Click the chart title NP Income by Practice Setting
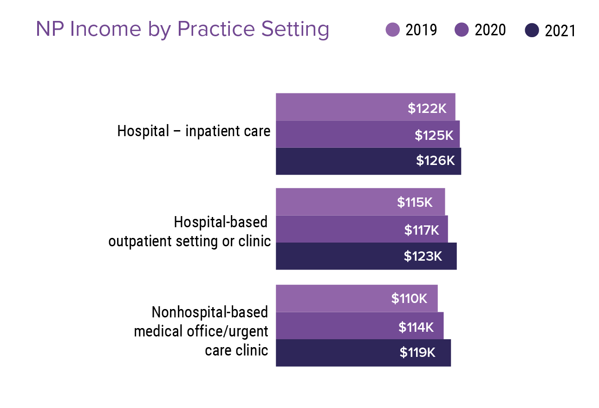point(182,29)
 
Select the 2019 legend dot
point(393,30)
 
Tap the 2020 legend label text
point(490,30)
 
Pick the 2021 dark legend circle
point(532,31)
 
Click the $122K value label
point(427,108)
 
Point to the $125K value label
point(434,135)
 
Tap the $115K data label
point(415,202)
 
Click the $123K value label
point(423,256)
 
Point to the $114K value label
point(416,327)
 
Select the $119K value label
point(417,353)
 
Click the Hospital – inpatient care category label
point(194,131)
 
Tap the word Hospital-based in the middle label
point(221,222)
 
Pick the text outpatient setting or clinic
point(189,242)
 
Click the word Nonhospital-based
point(210,312)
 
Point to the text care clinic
point(236,350)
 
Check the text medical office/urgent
point(201,331)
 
